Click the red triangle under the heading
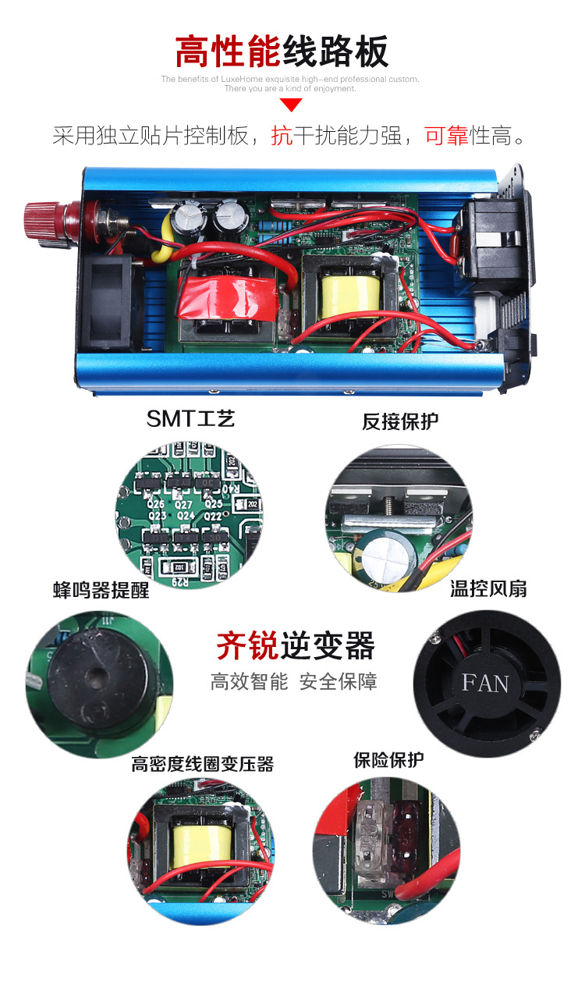point(291,105)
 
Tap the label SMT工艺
point(190,419)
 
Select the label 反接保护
point(400,421)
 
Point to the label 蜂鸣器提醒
point(101,590)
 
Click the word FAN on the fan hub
point(484,684)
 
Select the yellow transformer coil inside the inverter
point(350,290)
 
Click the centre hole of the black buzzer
point(99,675)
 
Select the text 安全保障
point(338,681)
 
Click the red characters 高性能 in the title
point(227,52)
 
